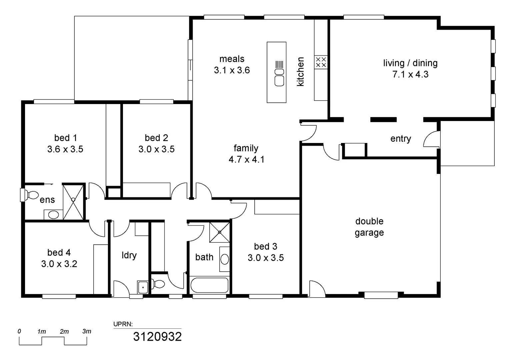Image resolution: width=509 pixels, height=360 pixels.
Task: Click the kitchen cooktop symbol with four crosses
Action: [x=321, y=62]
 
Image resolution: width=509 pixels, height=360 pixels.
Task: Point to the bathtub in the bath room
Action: [x=209, y=285]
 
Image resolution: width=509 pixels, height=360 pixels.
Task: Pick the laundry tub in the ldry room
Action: [x=143, y=287]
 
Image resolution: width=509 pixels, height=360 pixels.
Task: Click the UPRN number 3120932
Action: [x=157, y=337]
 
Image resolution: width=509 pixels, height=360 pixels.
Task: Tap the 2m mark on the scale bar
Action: [x=64, y=332]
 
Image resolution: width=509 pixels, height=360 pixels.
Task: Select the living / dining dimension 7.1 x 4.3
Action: [x=410, y=74]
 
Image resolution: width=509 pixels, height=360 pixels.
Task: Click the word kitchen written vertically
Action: [x=300, y=72]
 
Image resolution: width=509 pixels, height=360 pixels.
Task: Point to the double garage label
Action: [x=369, y=227]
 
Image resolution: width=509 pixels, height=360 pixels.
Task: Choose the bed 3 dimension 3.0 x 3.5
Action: [x=266, y=258]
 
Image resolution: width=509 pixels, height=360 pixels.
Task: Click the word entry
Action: [x=400, y=139]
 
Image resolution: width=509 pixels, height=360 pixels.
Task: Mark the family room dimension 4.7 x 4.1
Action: [x=246, y=159]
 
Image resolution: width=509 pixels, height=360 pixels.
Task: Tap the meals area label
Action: [x=232, y=59]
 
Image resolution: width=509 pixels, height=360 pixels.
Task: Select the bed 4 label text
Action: [x=59, y=253]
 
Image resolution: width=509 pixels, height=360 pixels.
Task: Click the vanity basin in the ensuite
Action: [x=53, y=214]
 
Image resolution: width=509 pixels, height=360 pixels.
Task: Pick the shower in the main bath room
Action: [x=219, y=232]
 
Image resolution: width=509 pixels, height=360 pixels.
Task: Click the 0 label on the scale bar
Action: [x=19, y=331]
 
